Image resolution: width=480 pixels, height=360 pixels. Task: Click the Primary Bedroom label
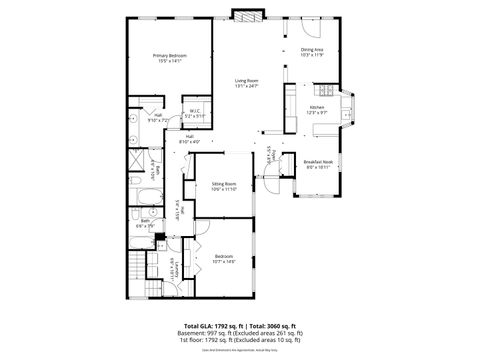point(168,55)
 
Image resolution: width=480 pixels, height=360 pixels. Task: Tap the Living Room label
point(247,81)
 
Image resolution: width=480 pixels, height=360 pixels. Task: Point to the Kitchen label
point(317,106)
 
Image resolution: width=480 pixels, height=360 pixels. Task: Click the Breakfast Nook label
point(319,161)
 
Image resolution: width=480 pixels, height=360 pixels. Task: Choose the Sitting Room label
point(223,184)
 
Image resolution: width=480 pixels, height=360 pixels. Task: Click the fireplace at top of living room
point(245,14)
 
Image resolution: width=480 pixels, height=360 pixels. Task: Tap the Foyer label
point(271,155)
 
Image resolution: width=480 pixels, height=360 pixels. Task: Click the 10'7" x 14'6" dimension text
point(225,261)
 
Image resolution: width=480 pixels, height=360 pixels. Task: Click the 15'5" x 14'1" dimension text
point(168,60)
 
